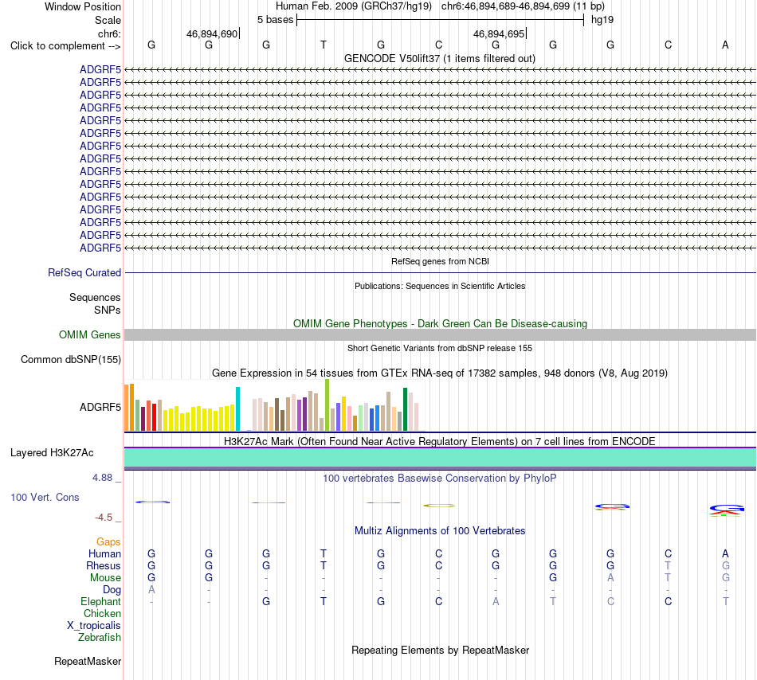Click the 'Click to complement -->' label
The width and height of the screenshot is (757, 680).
[x=65, y=46]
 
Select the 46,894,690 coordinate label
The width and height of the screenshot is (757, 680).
[x=212, y=33]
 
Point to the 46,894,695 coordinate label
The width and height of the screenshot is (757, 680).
[x=499, y=33]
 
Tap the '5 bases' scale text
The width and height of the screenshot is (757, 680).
[x=275, y=20]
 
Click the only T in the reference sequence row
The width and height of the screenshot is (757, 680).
[x=324, y=45]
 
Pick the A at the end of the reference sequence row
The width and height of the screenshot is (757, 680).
[x=725, y=45]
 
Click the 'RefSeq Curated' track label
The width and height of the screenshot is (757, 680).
[x=84, y=272]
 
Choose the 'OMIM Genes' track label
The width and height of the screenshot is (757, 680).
[x=90, y=334]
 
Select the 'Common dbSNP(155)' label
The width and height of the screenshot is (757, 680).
[x=71, y=360]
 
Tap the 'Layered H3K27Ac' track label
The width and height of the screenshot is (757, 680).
[x=52, y=453]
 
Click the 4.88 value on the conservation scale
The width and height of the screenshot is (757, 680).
[x=102, y=478]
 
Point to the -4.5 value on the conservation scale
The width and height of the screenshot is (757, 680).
[x=104, y=518]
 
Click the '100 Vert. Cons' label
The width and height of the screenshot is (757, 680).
[x=45, y=497]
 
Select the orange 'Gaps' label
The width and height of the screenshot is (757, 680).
[x=108, y=542]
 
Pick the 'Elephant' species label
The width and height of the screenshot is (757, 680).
[x=101, y=601]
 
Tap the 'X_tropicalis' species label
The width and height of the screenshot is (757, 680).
[x=94, y=626]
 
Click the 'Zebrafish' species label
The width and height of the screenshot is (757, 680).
[x=100, y=638]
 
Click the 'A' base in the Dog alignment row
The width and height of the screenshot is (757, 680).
[x=151, y=589]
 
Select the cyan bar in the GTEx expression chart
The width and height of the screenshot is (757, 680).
[x=237, y=409]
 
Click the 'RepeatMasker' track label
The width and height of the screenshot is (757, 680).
[x=88, y=661]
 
